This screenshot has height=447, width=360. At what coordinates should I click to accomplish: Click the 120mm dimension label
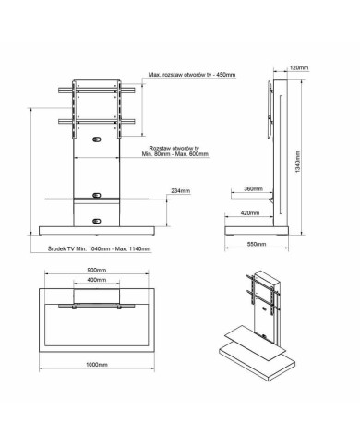point(299,67)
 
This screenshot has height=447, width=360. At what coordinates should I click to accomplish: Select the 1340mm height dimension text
point(298,162)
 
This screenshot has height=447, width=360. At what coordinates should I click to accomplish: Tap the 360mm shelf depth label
point(253,188)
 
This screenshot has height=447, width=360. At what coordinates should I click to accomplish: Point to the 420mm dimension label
point(250,212)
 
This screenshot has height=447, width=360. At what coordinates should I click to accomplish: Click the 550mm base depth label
point(257,244)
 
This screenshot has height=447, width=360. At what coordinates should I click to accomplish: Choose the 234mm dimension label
point(181,191)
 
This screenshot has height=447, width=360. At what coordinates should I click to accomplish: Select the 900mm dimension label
point(97,270)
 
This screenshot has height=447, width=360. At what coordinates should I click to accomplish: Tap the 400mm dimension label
point(97,280)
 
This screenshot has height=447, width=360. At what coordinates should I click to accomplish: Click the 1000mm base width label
point(97,365)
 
